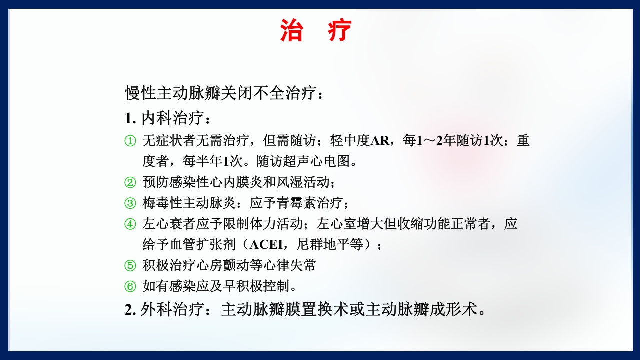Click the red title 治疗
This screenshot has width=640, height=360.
(x=316, y=31)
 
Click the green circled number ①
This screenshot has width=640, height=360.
(x=130, y=141)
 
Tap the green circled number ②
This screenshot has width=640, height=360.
(x=130, y=182)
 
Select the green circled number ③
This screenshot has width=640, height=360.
(x=130, y=203)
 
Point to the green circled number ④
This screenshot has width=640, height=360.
(x=130, y=224)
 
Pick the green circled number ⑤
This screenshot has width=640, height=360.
(x=130, y=265)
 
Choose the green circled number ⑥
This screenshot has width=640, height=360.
(x=130, y=286)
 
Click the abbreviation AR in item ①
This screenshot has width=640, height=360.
(x=380, y=141)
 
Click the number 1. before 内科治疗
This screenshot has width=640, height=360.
(x=130, y=119)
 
